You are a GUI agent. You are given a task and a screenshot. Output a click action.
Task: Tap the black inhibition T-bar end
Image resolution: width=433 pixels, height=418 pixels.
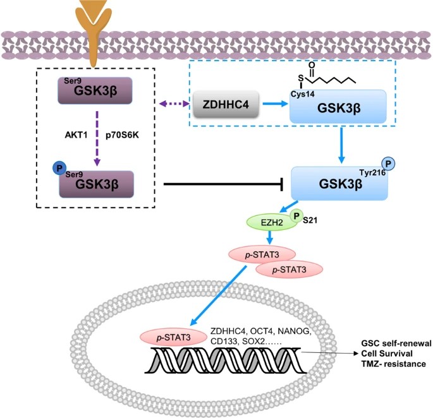(281, 185)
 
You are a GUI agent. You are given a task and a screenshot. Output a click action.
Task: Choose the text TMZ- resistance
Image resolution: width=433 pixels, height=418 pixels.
(391, 365)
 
